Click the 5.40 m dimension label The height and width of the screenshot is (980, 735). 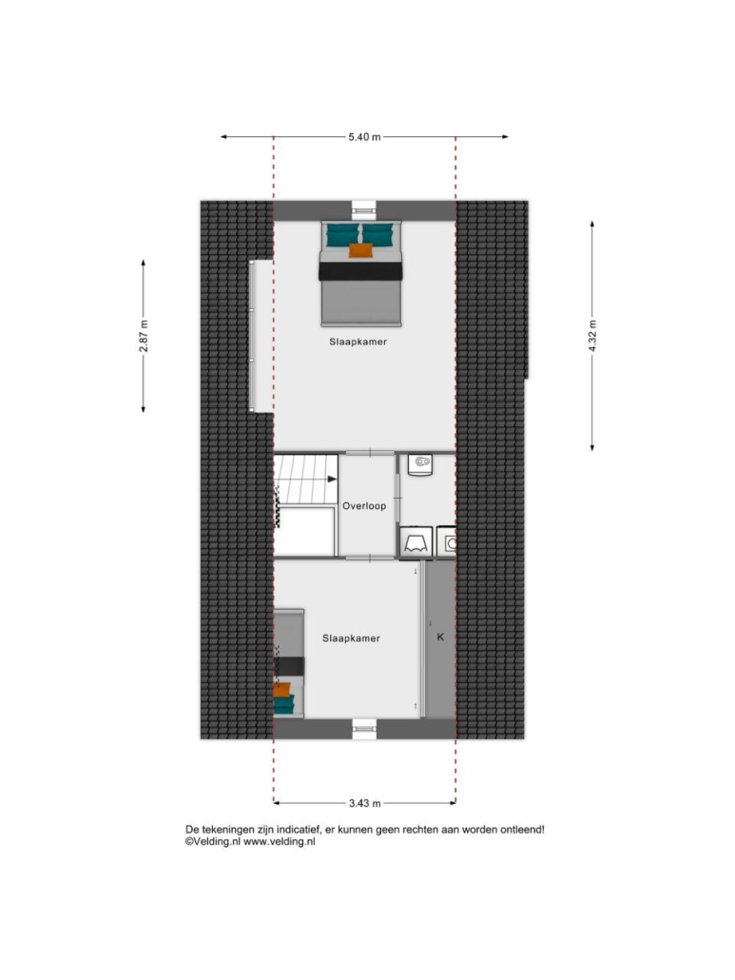point(364,137)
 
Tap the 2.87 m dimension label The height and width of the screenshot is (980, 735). point(144,336)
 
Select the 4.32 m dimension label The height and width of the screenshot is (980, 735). point(592,336)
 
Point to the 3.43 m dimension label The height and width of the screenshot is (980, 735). point(364,803)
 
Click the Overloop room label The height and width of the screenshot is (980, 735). point(364,506)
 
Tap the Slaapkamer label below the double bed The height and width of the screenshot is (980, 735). point(358,342)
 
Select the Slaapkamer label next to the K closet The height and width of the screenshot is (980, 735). point(351,638)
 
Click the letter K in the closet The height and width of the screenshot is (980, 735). point(440,637)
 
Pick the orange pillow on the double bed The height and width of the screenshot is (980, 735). point(361,250)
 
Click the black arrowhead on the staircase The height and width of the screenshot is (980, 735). point(332,480)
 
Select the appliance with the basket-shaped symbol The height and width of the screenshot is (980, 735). point(416,540)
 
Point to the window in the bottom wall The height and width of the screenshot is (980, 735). point(364,729)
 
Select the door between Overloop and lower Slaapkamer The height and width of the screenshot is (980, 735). point(370,557)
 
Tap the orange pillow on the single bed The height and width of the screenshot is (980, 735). point(282,690)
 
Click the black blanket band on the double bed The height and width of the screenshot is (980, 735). point(361,271)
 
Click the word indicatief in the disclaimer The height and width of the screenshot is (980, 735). point(297,830)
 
